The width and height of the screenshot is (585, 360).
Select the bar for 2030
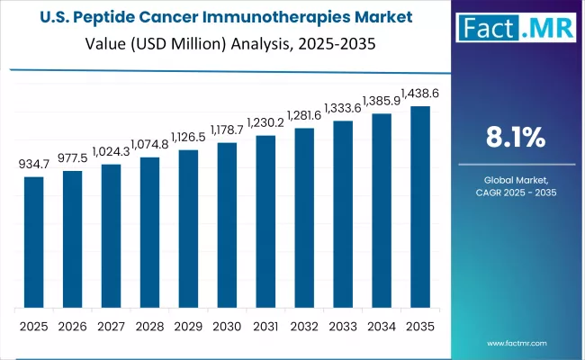(x=227, y=224)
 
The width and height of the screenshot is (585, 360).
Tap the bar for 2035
(x=420, y=206)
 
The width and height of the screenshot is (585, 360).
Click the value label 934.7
(x=33, y=165)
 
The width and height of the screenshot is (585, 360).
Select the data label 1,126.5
(x=188, y=138)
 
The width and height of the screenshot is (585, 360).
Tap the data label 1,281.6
(x=304, y=116)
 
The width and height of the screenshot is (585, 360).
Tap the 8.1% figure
(x=515, y=138)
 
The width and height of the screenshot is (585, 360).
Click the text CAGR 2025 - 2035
(x=516, y=193)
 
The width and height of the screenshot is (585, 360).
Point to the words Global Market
(x=516, y=180)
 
